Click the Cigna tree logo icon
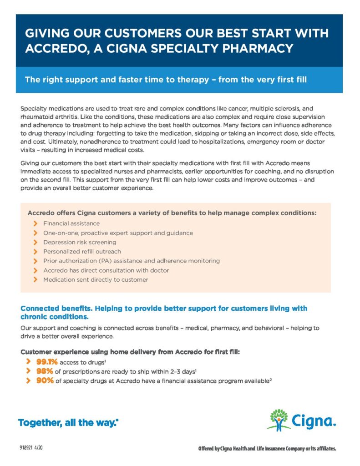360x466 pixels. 278,420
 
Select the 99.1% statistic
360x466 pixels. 47,362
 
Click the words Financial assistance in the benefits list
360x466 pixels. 71,223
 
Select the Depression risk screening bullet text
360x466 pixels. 80,242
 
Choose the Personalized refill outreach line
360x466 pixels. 82,252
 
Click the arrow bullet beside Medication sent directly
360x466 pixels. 35,280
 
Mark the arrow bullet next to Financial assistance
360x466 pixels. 35,223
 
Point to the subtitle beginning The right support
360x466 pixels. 166,80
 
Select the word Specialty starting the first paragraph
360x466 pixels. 34,109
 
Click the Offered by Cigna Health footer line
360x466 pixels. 267,449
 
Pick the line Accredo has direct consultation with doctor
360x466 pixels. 106,270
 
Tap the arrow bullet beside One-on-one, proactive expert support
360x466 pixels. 35,233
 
